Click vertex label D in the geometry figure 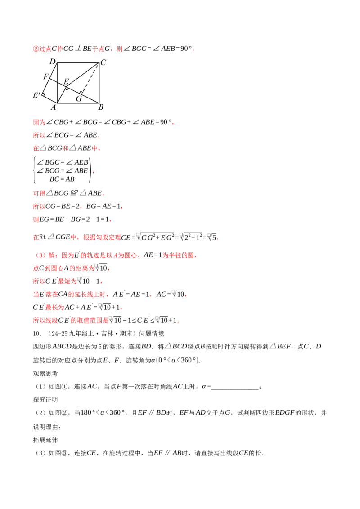(53, 61)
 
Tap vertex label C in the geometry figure (103, 63)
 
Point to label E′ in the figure (37, 95)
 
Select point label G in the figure (79, 98)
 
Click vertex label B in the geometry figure (101, 107)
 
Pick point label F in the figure (46, 76)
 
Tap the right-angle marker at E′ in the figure (43, 95)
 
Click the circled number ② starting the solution (36, 49)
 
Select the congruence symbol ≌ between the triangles (74, 193)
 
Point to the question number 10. (37, 333)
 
